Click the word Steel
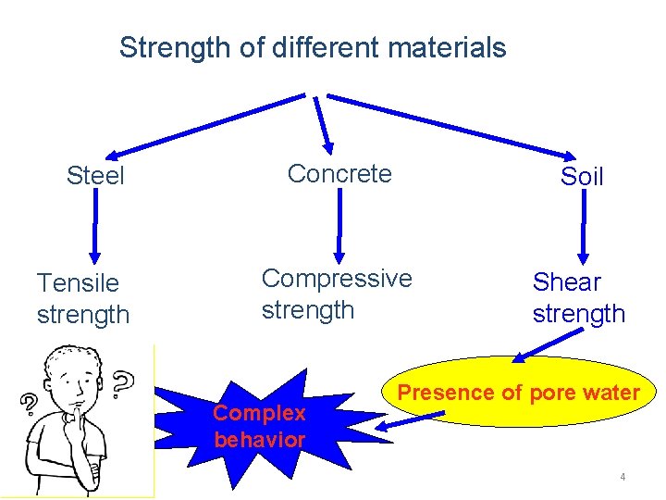coord(95,176)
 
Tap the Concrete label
coord(339,173)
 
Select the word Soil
coord(582,177)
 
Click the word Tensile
coord(78,282)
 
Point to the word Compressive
coord(337,278)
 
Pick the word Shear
coord(567,281)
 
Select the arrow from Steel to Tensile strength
coord(94,231)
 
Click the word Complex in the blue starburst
coord(259,413)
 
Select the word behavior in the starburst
coord(259,440)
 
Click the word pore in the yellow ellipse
coord(549,393)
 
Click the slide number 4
coord(623,477)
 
